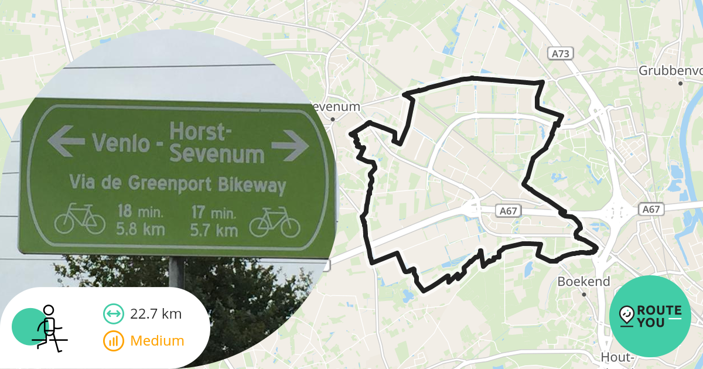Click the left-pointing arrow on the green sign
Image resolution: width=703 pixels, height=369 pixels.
(66, 141)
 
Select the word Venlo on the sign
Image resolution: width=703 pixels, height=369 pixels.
(121, 142)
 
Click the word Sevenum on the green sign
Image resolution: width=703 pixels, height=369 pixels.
(216, 155)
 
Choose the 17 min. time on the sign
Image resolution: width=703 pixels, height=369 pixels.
(214, 211)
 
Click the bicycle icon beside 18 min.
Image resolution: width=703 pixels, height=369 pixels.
(80, 219)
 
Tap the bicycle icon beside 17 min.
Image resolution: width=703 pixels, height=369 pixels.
(275, 222)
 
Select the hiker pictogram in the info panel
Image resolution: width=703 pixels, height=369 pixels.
(47, 327)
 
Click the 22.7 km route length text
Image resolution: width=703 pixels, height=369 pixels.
(156, 314)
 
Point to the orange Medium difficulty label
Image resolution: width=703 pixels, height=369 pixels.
(157, 341)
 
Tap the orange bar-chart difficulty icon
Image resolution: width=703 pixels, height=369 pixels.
(113, 341)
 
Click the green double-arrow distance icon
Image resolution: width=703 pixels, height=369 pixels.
(113, 314)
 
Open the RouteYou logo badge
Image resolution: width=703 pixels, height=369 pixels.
(650, 316)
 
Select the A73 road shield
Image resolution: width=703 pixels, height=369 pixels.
(561, 54)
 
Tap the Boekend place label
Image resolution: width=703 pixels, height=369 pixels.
(583, 282)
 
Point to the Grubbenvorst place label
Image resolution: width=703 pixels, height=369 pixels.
(670, 71)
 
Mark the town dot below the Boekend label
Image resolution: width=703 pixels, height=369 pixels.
(584, 295)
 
